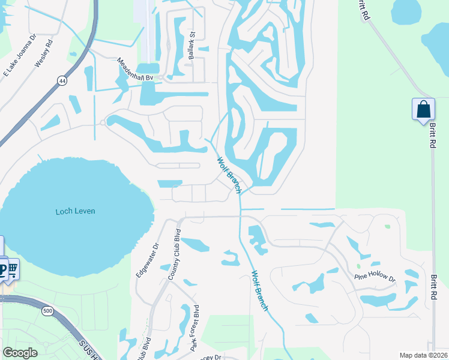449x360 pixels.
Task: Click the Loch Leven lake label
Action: point(75,211)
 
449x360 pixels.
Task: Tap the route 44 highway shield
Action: point(62,80)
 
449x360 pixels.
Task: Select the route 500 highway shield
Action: point(47,311)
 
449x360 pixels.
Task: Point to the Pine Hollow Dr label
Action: point(375,278)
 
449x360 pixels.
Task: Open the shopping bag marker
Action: point(423,109)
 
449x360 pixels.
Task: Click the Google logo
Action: point(20,352)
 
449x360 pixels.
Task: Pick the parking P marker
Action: point(2,268)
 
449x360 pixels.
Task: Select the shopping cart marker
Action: point(12,268)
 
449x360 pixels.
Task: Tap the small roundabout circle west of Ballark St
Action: point(103,122)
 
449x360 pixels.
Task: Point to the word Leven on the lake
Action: point(85,211)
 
